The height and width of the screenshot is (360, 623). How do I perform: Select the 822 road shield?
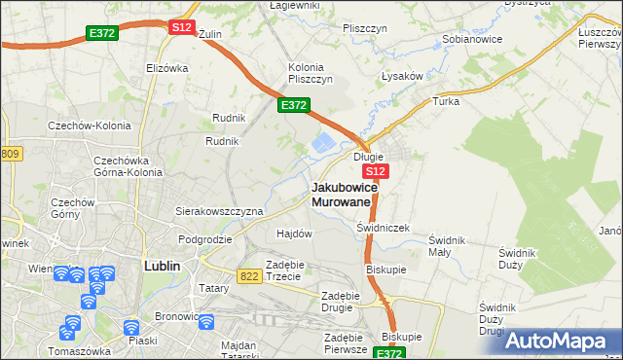pyautogui.click(x=248, y=276)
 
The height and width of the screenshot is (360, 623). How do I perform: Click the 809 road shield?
pyautogui.click(x=10, y=154)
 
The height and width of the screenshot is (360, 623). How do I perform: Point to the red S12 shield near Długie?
pyautogui.click(x=378, y=171)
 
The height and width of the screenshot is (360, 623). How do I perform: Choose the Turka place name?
pyautogui.click(x=446, y=100)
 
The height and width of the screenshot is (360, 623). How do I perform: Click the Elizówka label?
pyautogui.click(x=165, y=68)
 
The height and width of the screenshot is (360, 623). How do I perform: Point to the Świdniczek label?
pyautogui.click(x=384, y=228)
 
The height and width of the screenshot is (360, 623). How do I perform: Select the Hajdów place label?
pyautogui.click(x=294, y=234)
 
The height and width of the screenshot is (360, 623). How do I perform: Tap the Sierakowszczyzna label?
pyautogui.click(x=219, y=210)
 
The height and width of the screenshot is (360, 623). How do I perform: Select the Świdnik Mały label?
pyautogui.click(x=449, y=245)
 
